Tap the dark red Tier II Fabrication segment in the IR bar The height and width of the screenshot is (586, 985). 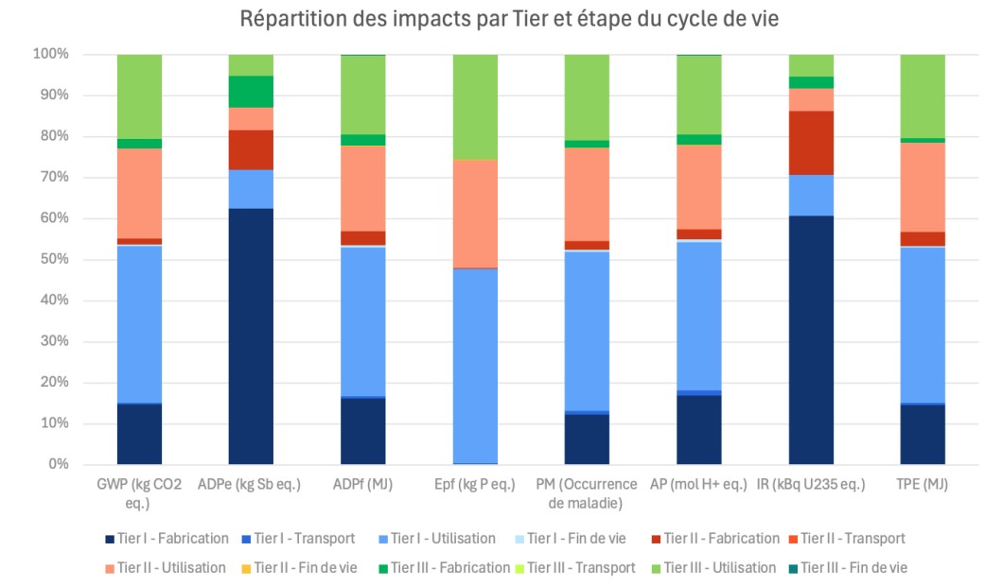(811, 143)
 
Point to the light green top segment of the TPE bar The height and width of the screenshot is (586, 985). (923, 95)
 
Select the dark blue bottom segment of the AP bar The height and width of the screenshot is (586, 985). (698, 429)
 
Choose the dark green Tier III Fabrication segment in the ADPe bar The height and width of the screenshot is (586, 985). (251, 92)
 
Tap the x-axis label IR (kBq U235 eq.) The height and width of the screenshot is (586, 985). (811, 485)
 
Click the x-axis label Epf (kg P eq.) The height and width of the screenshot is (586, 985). (475, 485)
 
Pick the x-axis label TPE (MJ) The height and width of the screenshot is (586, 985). (923, 485)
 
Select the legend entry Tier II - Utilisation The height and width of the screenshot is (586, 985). (167, 568)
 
